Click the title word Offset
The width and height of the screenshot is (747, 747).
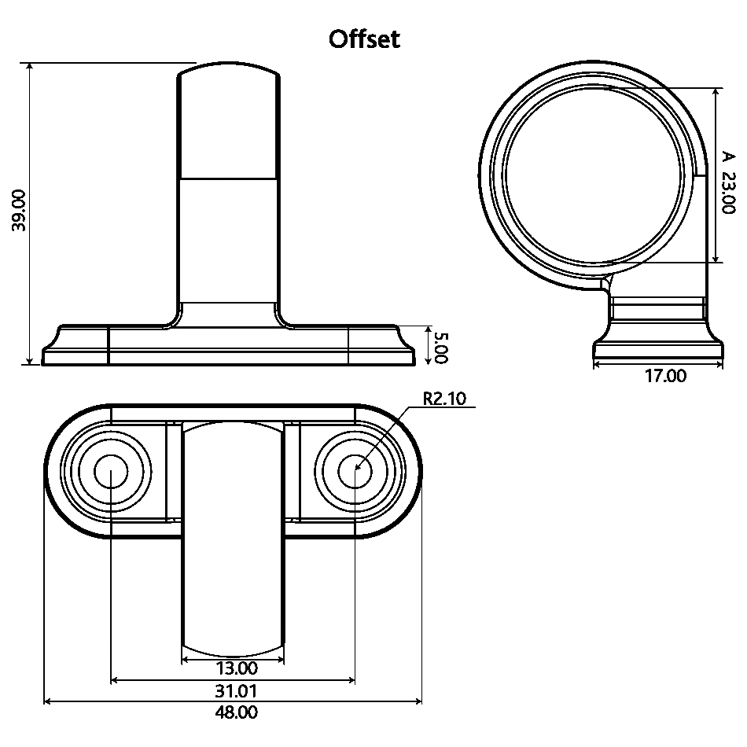364,39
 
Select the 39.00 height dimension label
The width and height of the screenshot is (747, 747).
19,210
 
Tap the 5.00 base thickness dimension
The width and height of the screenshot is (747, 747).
440,347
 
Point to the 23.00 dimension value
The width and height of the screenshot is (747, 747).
727,194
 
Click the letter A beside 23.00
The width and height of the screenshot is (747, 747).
727,157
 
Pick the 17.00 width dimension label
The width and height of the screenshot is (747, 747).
665,377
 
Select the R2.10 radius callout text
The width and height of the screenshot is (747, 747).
444,399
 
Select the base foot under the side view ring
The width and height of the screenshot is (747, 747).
658,346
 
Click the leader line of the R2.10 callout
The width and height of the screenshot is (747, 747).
385,437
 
